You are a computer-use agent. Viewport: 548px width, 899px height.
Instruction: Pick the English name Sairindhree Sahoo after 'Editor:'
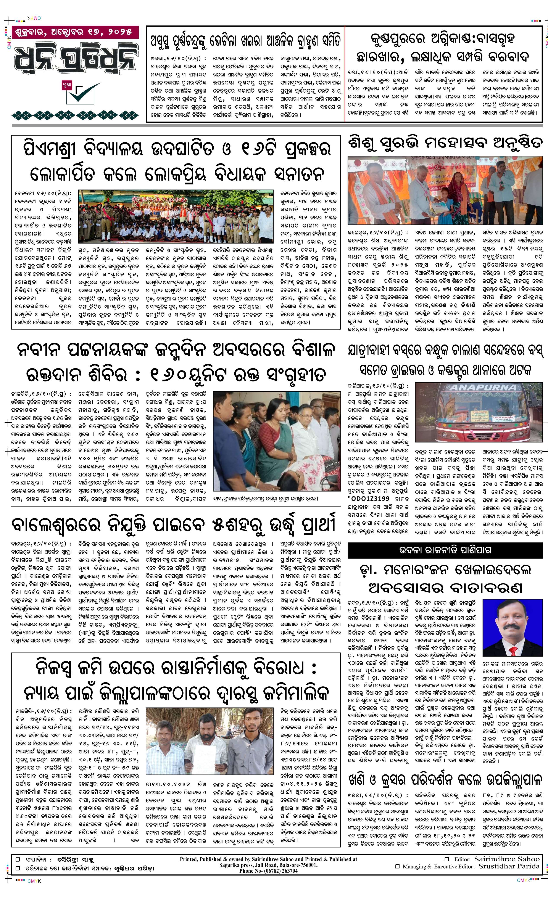[x=506, y=859]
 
